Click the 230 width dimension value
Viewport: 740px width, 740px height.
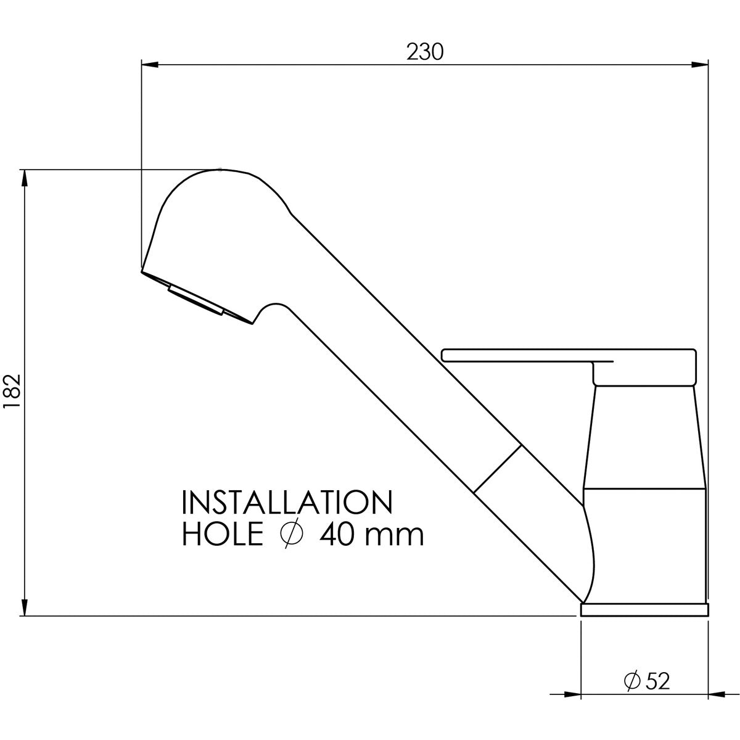click(425, 52)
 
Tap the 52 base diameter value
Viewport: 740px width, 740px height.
click(658, 681)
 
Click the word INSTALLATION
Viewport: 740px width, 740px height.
click(287, 503)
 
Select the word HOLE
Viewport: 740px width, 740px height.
click(223, 534)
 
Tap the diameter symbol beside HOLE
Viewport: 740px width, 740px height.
click(292, 534)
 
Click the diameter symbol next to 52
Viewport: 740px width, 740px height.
click(632, 681)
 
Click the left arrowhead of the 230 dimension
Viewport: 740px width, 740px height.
click(150, 65)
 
